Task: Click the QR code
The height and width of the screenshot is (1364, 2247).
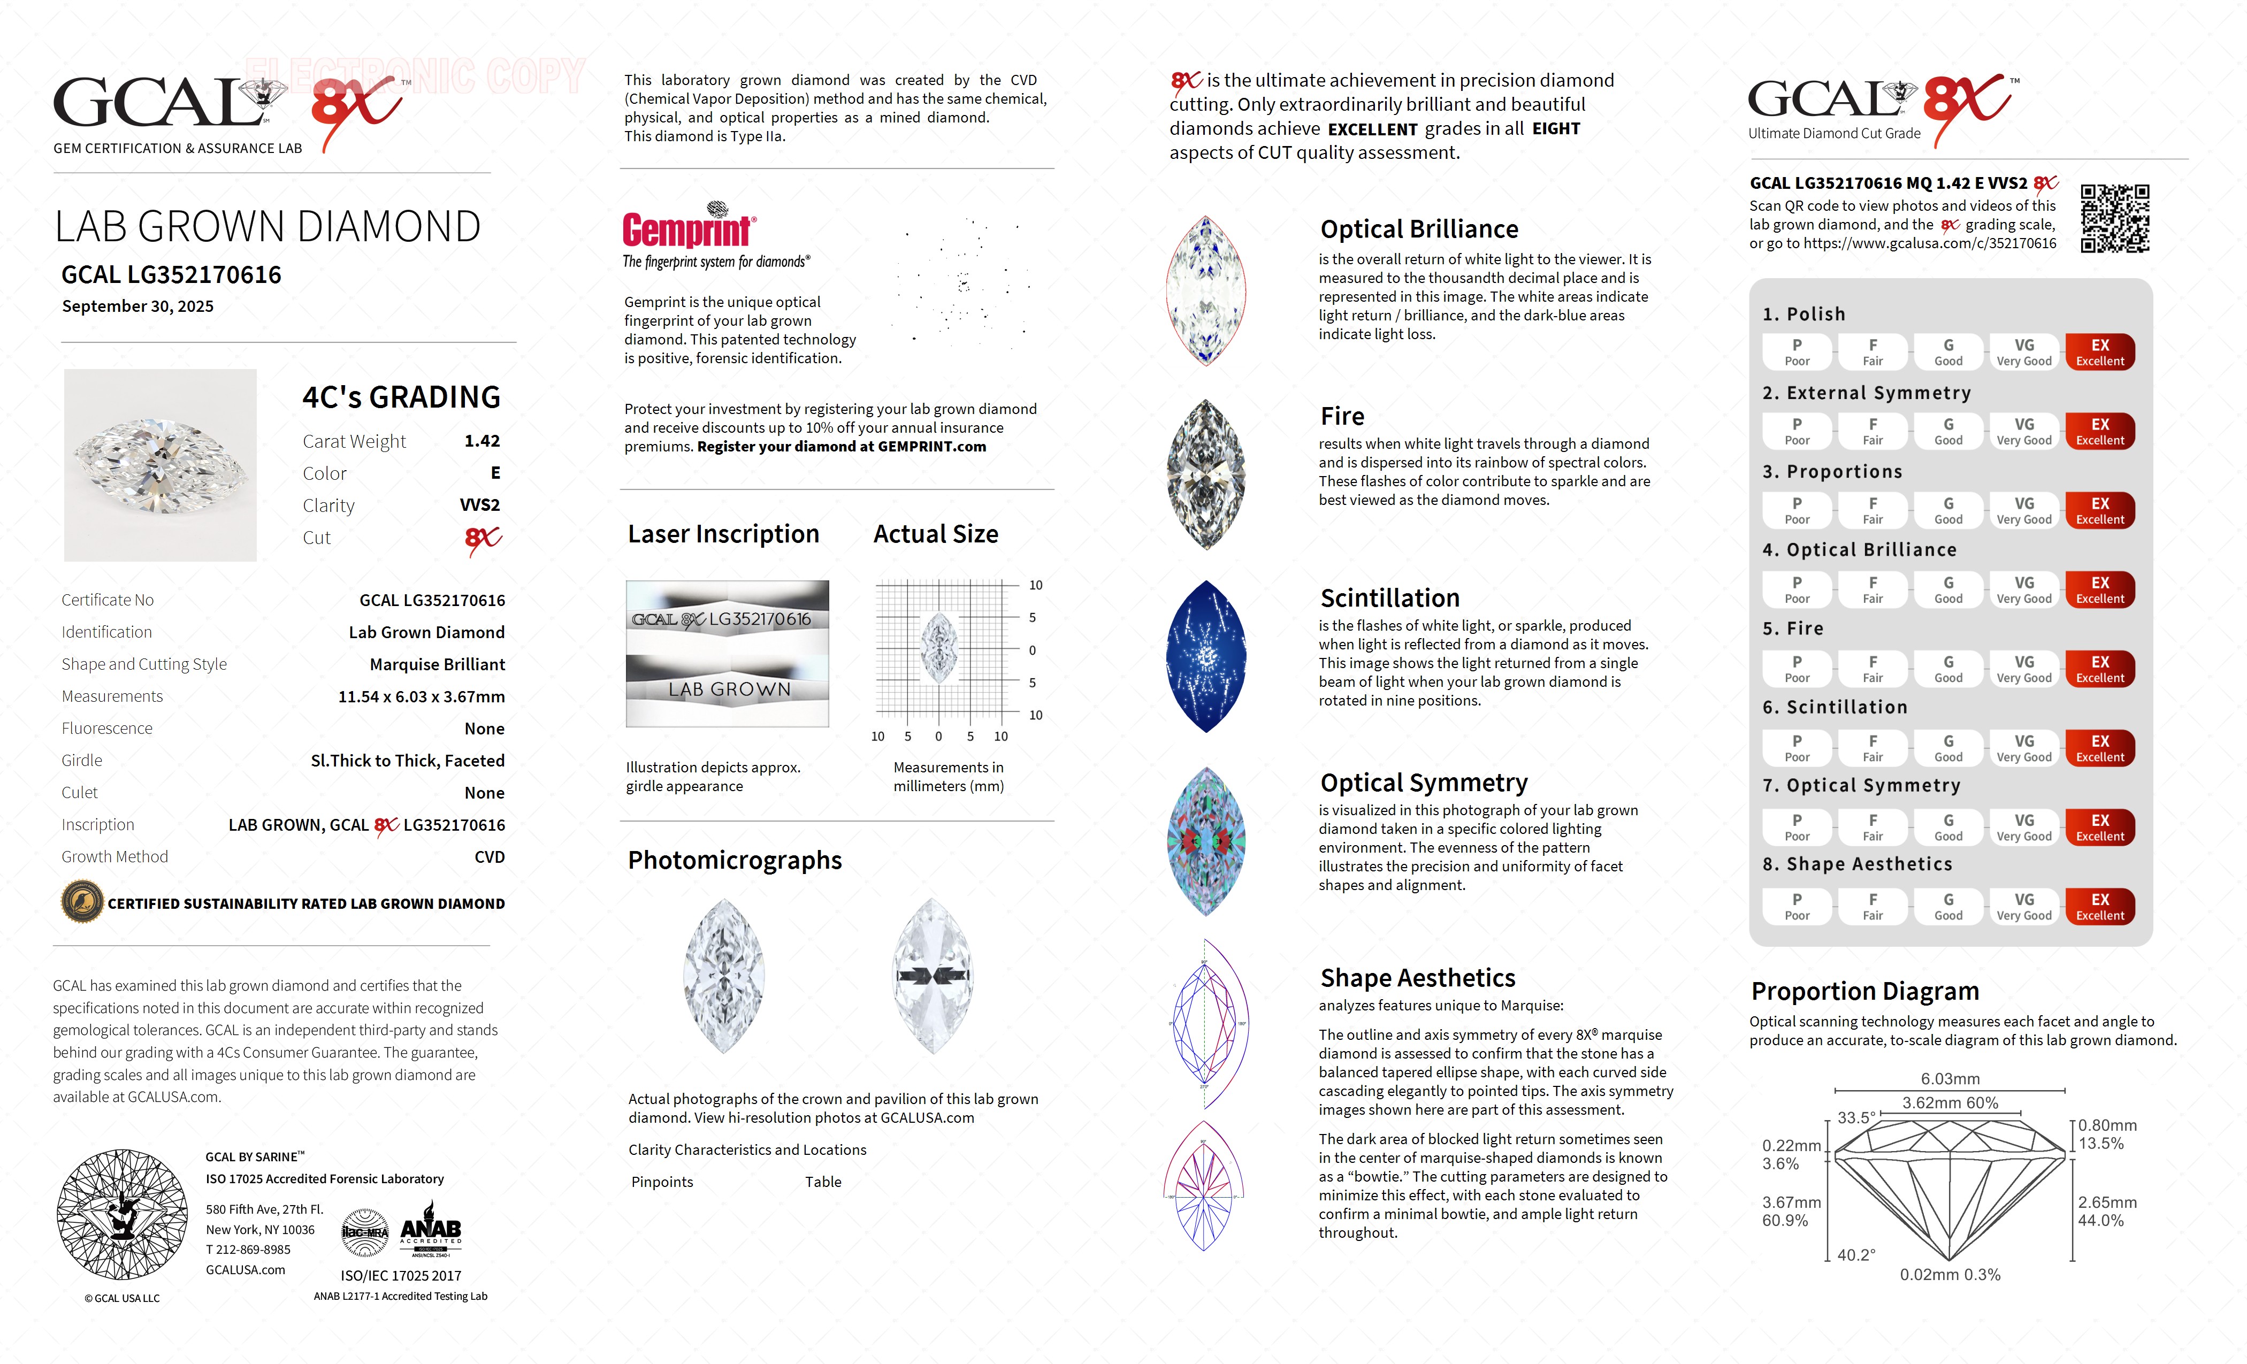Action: tap(2115, 219)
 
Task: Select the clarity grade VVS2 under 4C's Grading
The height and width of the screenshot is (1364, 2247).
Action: tap(480, 505)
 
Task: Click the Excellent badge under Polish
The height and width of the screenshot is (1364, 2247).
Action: tap(2099, 352)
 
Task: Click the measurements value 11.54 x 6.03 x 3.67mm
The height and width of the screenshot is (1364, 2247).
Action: tap(422, 696)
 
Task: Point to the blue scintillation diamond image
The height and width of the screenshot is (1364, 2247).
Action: tap(1205, 656)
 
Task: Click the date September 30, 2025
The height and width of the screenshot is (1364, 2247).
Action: tap(137, 306)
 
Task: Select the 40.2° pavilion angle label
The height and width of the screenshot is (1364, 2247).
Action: tap(1856, 1254)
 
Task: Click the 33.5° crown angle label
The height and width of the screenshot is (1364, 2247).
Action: tap(1856, 1118)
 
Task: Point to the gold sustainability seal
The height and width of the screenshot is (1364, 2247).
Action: tap(82, 903)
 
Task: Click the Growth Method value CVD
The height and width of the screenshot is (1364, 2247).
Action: tap(489, 857)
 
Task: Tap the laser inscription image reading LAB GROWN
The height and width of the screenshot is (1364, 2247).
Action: tap(728, 689)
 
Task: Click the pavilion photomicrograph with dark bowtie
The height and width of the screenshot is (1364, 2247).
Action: tap(932, 976)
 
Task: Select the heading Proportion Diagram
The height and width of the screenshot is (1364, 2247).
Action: tap(1865, 991)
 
